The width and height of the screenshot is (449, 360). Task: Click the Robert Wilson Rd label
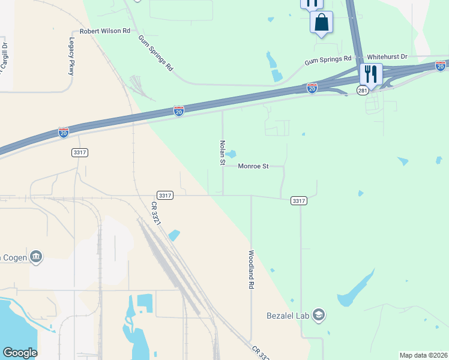[x=105, y=31]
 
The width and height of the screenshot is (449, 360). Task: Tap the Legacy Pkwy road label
[x=72, y=56]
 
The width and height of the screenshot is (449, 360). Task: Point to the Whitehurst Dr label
[x=387, y=56]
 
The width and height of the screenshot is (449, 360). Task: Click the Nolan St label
[x=222, y=153]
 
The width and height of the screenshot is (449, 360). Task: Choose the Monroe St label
[x=253, y=166]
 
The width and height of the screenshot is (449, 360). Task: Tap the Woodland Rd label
[x=251, y=270]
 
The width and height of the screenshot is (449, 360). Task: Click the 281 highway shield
[x=362, y=90]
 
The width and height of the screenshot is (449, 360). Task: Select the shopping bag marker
[x=321, y=23]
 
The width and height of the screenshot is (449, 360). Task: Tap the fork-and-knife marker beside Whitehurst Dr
[x=371, y=74]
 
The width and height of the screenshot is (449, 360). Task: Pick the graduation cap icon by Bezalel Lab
[x=319, y=314]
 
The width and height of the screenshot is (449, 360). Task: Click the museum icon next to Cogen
[x=36, y=257]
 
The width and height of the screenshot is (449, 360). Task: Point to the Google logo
[x=20, y=353]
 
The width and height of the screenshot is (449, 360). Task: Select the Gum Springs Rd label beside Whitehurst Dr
[x=328, y=60]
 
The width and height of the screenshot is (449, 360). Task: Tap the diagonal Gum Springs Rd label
[x=155, y=53]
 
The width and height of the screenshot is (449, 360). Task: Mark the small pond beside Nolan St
[x=231, y=154]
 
